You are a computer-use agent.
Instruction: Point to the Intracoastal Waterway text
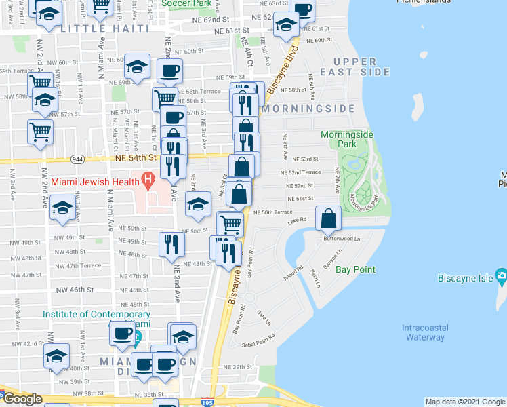tap(424, 332)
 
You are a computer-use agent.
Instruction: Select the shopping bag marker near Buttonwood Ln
tap(328, 218)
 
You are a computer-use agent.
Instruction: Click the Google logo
tap(22, 400)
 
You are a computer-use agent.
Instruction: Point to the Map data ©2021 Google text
tap(464, 402)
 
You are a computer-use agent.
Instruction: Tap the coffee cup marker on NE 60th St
tap(169, 71)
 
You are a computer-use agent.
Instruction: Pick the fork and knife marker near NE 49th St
tap(171, 244)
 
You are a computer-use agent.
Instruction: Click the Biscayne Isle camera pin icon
tap(501, 275)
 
